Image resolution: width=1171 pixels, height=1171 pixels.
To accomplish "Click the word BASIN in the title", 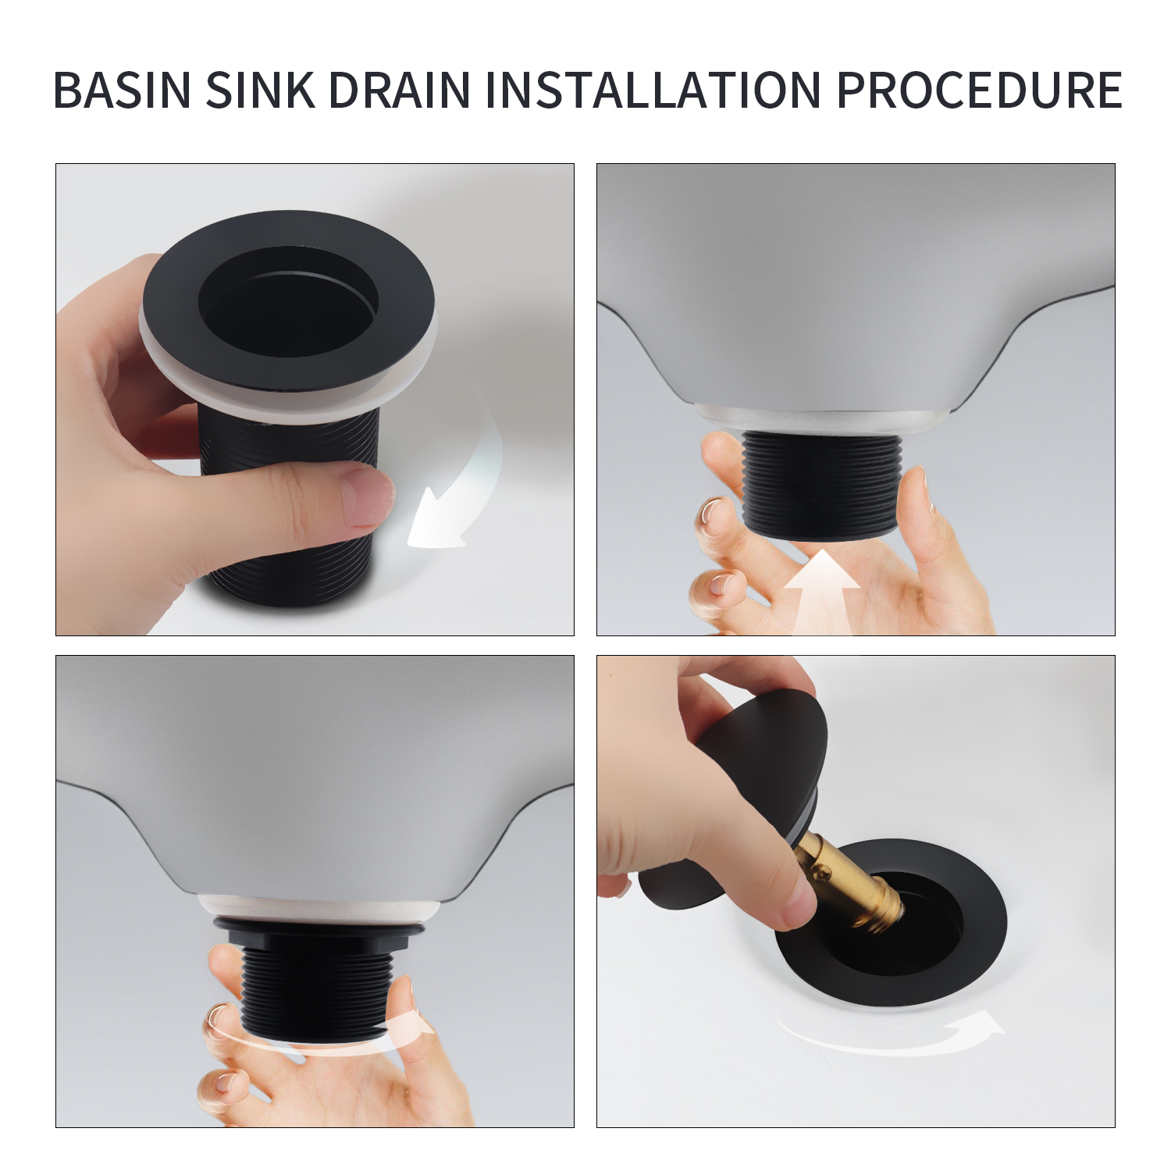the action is [x=122, y=90].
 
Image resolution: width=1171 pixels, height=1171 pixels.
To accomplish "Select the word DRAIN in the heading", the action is [x=400, y=90].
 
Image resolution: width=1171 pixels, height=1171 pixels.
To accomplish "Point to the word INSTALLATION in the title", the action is [x=653, y=90].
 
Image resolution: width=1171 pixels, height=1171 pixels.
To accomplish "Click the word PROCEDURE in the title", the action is [x=979, y=90].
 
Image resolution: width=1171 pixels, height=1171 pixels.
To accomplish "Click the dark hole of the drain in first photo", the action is [x=288, y=301].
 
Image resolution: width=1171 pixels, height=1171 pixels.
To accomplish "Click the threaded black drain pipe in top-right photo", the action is [x=821, y=486].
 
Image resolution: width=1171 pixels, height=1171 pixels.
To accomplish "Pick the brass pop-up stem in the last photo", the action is [x=846, y=880].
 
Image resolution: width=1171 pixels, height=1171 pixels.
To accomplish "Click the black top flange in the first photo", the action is [x=288, y=301].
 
